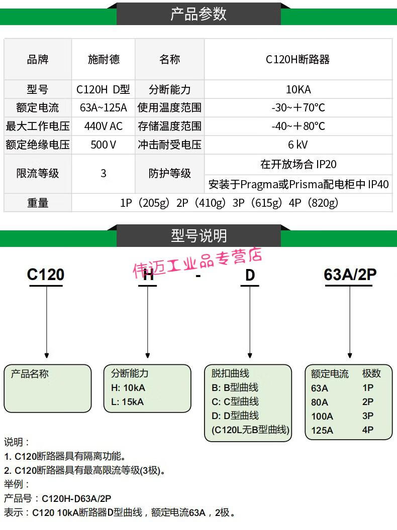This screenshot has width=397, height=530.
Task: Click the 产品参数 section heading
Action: (198, 14)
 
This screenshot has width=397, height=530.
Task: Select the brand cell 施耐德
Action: (104, 59)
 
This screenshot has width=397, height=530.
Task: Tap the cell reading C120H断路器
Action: (298, 59)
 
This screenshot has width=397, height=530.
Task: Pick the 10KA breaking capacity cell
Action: (298, 89)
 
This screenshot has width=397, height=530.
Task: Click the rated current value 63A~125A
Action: (104, 107)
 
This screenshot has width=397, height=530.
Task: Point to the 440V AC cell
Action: (104, 126)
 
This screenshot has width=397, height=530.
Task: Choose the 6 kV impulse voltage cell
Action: (298, 145)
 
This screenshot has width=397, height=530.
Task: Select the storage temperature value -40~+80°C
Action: (298, 126)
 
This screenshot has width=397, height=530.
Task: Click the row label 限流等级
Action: (38, 174)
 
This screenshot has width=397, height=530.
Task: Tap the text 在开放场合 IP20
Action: (298, 164)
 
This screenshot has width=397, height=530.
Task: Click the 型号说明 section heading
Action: (198, 235)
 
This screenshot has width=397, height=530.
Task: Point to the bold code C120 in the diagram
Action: (46, 275)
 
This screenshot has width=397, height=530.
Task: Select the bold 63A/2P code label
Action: (350, 275)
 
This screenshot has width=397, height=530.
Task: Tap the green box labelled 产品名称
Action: (48, 388)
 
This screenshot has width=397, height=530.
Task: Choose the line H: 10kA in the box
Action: (128, 387)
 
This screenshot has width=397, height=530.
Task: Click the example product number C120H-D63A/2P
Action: (76, 498)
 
